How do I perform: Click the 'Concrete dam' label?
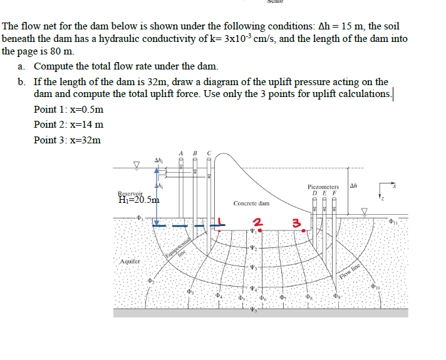(x=251, y=203)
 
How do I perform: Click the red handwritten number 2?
(x=256, y=221)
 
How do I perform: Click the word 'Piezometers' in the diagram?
(x=323, y=187)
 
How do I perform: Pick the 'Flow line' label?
(x=350, y=267)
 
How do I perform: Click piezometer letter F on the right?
(x=335, y=193)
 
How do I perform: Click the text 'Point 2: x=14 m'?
(x=68, y=125)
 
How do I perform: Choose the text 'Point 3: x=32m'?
(x=67, y=140)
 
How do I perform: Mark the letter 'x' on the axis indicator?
(x=395, y=185)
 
